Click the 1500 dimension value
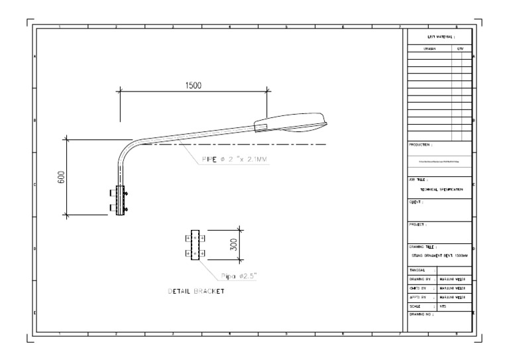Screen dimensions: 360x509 click(x=193, y=86)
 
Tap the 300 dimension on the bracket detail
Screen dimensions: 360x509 click(x=233, y=245)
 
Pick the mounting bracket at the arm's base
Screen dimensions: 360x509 click(x=121, y=200)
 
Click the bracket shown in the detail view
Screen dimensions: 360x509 click(x=196, y=246)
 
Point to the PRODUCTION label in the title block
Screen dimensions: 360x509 click(x=422, y=144)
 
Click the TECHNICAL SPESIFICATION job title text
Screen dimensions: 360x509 click(x=439, y=189)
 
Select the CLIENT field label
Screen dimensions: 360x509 click(x=416, y=201)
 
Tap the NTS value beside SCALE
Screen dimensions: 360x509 click(x=443, y=306)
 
